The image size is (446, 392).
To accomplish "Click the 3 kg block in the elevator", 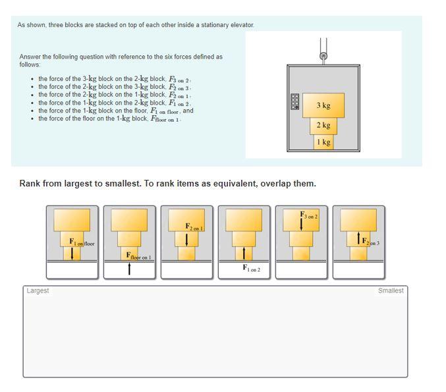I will click(323, 105).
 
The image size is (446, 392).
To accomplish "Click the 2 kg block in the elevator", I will click(323, 125).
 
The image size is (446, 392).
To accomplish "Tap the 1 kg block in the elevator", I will click(323, 142).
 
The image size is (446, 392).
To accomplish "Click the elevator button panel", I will click(295, 101).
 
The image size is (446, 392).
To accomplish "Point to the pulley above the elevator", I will click(323, 56).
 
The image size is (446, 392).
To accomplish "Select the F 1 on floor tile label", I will click(82, 243).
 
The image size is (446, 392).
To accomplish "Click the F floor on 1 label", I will click(138, 256).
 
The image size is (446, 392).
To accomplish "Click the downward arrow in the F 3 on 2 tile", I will click(302, 224).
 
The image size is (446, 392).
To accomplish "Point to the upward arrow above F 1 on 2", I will click(244, 253).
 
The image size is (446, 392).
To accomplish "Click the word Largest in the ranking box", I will click(38, 291).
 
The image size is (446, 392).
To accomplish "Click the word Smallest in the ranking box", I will click(391, 291).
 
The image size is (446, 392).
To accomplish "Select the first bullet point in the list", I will click(32, 79).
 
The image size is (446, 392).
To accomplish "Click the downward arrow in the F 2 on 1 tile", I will click(187, 238).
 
